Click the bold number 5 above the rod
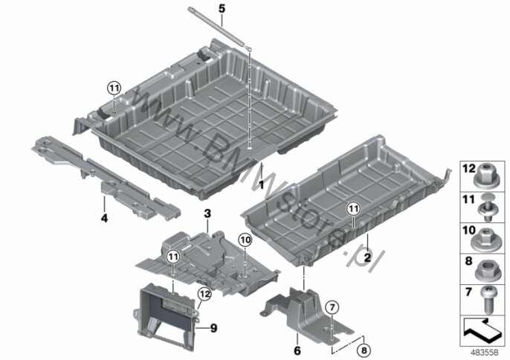[x=222, y=9]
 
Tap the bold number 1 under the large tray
[x=261, y=185]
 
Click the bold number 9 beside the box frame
[x=213, y=328]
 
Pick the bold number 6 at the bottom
[x=297, y=351]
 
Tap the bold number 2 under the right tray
[x=367, y=258]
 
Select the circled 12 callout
[x=204, y=295]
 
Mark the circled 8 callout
[x=364, y=350]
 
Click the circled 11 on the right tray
[x=354, y=208]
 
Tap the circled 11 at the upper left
[x=114, y=88]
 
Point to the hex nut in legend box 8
[x=486, y=271]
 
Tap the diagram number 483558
[x=484, y=353]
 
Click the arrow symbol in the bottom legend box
[x=482, y=330]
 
